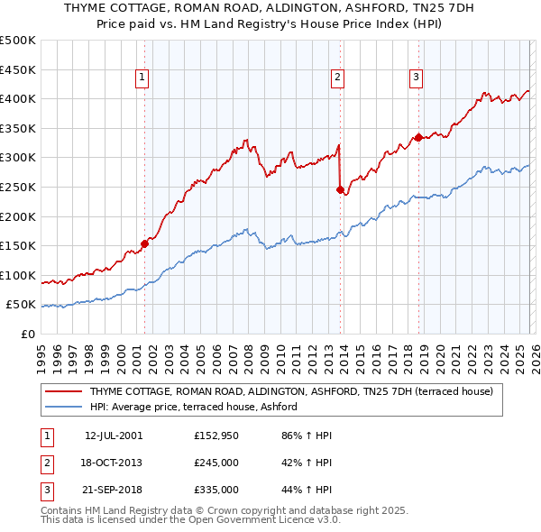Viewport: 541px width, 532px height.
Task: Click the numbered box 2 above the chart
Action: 337,78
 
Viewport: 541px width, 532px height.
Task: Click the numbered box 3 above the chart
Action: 416,78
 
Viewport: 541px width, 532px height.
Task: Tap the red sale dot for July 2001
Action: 144,243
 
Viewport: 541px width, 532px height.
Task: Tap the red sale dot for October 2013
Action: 340,189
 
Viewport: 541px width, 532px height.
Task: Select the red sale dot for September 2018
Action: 418,137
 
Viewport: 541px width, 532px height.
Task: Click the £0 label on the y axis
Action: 27,334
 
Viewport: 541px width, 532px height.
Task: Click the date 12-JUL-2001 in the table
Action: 114,436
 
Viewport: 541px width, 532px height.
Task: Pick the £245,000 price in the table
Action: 216,463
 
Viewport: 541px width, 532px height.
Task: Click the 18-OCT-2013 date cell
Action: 114,463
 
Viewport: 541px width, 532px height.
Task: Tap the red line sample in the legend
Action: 64,392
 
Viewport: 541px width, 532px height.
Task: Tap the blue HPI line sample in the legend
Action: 64,408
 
